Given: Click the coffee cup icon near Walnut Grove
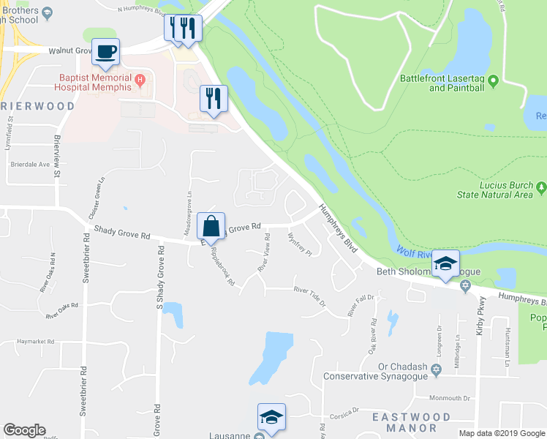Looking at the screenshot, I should pyautogui.click(x=106, y=51).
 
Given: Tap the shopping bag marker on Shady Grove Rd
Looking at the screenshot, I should pyautogui.click(x=211, y=227).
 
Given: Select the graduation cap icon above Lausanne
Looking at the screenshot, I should pyautogui.click(x=271, y=417).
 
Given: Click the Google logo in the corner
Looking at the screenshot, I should pyautogui.click(x=24, y=430).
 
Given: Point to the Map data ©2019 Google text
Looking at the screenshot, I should pyautogui.click(x=502, y=433).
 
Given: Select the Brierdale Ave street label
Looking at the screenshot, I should pyautogui.click(x=29, y=165).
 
